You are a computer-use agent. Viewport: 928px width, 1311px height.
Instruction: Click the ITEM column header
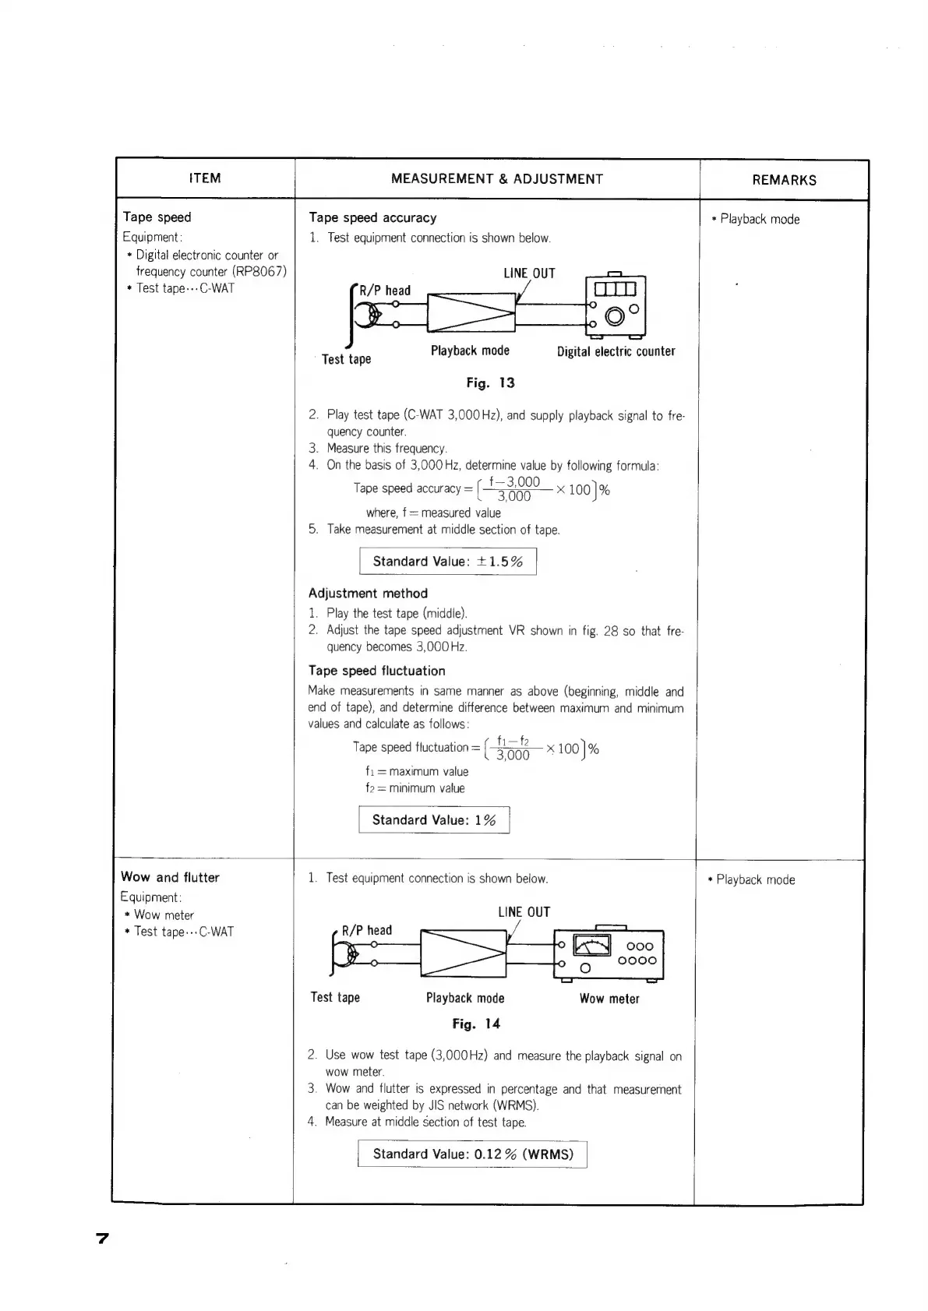pyautogui.click(x=205, y=178)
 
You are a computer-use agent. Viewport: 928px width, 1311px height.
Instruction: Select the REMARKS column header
pyautogui.click(x=784, y=180)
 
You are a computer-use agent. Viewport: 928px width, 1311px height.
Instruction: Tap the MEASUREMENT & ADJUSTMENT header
pyautogui.click(x=496, y=179)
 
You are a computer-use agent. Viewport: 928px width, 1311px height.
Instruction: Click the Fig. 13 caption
pyautogui.click(x=490, y=382)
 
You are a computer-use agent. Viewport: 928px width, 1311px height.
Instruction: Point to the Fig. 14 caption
pyautogui.click(x=476, y=1024)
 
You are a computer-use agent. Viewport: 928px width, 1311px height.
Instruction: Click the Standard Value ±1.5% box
pyautogui.click(x=448, y=561)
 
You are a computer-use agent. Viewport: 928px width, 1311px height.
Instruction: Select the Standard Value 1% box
pyautogui.click(x=434, y=819)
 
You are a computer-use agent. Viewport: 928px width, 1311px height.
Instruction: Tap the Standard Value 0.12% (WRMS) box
pyautogui.click(x=472, y=1154)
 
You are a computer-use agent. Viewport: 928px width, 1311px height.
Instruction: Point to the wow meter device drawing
pyautogui.click(x=608, y=954)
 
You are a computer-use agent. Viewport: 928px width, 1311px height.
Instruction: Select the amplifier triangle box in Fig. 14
pyautogui.click(x=463, y=953)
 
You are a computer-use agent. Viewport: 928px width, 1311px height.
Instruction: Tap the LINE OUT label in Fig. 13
pyautogui.click(x=529, y=273)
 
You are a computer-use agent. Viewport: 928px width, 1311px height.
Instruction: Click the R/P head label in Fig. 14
pyautogui.click(x=367, y=930)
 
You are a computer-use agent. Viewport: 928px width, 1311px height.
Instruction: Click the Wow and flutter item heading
pyautogui.click(x=171, y=877)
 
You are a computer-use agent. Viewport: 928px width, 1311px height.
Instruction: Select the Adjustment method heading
pyautogui.click(x=368, y=593)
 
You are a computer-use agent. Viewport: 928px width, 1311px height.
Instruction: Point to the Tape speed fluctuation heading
pyautogui.click(x=376, y=671)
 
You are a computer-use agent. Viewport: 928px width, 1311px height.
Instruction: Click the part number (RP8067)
pyautogui.click(x=259, y=271)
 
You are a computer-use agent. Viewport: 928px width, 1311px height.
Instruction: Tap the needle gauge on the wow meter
pyautogui.click(x=592, y=945)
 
